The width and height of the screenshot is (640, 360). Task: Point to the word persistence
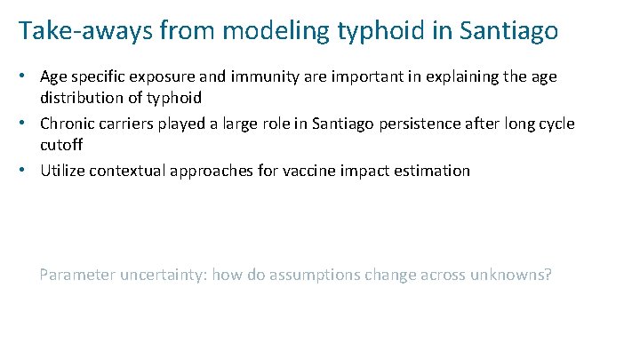(x=420, y=123)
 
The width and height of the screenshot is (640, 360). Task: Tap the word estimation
(x=427, y=170)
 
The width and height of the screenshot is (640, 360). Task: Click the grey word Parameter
(x=75, y=275)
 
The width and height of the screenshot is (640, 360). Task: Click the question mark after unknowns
(x=548, y=274)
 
